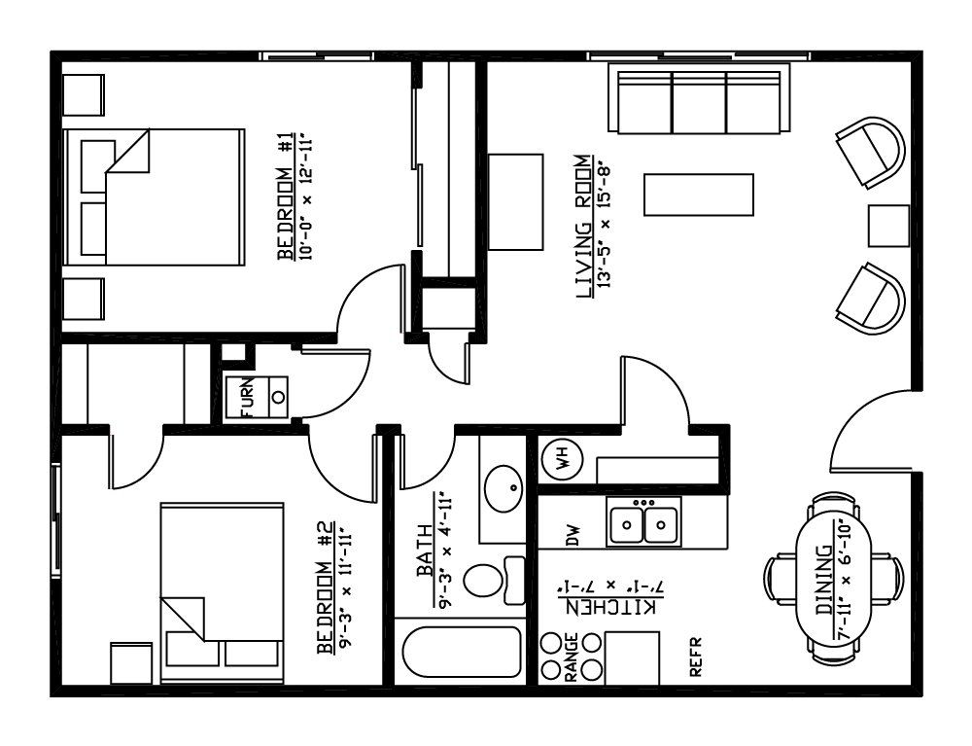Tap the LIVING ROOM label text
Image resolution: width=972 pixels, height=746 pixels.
point(584,227)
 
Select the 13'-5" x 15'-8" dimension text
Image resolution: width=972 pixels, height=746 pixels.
point(605,227)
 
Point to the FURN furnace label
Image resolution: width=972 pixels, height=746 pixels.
point(247,397)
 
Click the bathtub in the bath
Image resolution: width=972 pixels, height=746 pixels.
point(461,652)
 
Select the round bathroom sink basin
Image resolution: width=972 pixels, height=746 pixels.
point(503,488)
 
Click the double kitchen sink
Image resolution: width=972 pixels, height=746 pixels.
point(644,522)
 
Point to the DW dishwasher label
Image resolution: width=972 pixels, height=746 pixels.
point(573,536)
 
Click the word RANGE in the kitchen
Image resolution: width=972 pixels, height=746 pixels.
point(572,657)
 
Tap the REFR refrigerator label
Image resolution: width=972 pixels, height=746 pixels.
point(696,657)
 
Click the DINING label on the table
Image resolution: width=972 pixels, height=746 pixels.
point(824,580)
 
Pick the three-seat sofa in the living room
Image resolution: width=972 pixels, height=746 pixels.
point(703,98)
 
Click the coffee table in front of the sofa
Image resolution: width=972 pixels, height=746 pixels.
point(699,195)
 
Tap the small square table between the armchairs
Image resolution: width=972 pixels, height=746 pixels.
point(888,226)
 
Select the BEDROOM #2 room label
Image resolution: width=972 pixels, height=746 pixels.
point(326,587)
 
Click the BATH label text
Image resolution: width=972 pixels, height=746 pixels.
point(426,551)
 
